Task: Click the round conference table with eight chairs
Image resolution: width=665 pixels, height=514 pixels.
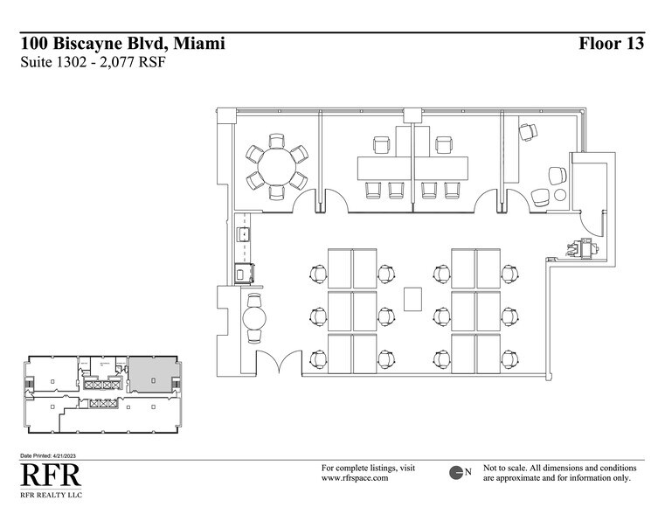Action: point(276,166)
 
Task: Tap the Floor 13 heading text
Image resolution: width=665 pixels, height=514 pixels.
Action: point(611,44)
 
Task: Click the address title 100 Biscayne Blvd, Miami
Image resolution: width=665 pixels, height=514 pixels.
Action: point(122,44)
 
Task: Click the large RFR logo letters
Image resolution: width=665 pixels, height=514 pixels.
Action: point(50,476)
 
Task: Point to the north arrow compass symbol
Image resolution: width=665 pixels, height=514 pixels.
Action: point(456,473)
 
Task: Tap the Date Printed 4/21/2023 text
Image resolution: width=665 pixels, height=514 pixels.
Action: point(53,457)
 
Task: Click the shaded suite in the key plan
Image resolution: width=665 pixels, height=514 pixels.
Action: point(151,374)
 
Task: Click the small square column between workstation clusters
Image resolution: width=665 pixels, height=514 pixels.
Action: point(413,298)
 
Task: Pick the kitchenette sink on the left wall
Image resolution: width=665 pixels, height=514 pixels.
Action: point(245,234)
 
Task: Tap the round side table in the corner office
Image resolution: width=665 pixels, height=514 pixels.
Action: point(560,194)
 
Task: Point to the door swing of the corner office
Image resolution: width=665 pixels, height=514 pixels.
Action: point(516,200)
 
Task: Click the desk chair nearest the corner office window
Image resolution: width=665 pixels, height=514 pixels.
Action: point(528,132)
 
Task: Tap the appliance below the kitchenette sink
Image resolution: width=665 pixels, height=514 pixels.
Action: point(245,273)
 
